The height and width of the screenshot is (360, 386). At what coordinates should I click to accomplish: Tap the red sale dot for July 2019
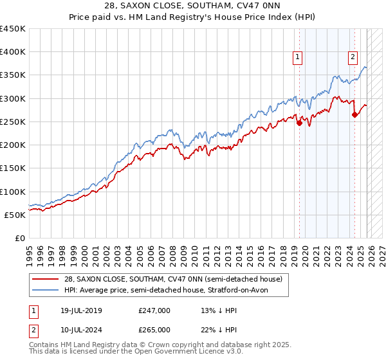[299, 123]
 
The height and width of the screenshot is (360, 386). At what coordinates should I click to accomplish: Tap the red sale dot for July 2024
[354, 115]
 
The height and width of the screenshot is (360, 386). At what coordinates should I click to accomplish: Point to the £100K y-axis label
[13, 192]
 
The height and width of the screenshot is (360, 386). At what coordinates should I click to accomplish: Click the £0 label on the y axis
[19, 238]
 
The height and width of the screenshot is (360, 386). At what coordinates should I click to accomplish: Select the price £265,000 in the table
[154, 329]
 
